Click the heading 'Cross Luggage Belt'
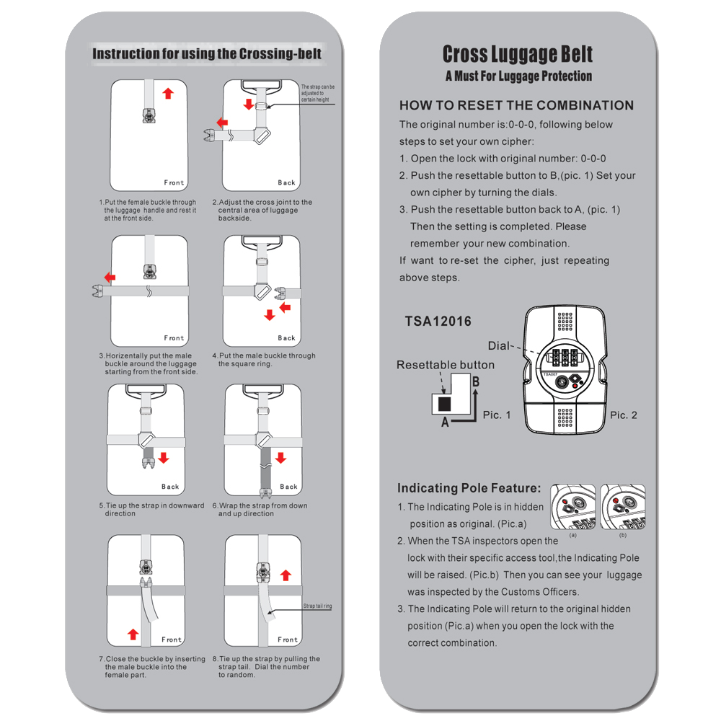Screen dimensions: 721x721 (517, 54)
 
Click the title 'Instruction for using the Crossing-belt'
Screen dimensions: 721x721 (207, 54)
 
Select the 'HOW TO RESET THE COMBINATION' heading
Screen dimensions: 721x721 (516, 105)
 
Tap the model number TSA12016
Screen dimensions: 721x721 (438, 322)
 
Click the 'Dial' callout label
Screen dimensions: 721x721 (498, 346)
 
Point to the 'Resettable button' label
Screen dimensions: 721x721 (446, 365)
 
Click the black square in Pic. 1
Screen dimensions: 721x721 (445, 402)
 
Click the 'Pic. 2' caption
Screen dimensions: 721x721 (624, 415)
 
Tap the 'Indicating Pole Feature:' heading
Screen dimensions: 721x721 (469, 488)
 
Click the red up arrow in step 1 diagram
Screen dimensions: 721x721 (168, 93)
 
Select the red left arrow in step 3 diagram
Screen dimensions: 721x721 (110, 278)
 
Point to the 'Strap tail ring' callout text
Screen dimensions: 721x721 (317, 607)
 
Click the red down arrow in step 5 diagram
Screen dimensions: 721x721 (164, 458)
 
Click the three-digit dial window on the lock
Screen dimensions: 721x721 (566, 357)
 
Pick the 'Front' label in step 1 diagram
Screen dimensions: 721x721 (174, 183)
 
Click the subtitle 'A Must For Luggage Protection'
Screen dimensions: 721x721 (518, 76)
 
